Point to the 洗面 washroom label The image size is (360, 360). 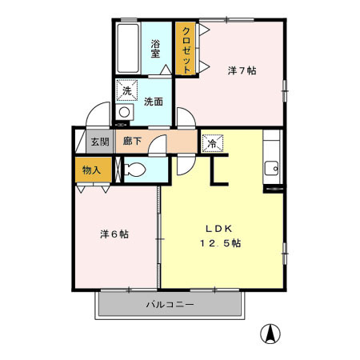tap(154, 102)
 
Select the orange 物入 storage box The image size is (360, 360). tap(92, 170)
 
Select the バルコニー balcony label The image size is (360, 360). tap(170, 305)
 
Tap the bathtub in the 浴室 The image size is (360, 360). tap(126, 48)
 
